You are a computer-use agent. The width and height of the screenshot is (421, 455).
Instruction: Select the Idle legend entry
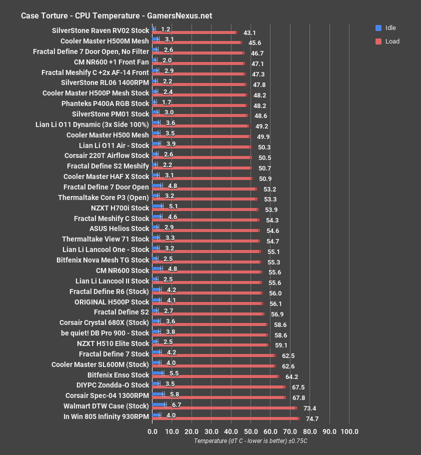click(384, 28)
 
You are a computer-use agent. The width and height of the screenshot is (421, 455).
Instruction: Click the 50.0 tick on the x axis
click(250, 431)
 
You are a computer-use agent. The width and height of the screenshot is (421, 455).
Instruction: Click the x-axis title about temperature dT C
click(250, 441)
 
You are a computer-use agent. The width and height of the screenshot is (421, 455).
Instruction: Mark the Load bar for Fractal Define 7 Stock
click(213, 355)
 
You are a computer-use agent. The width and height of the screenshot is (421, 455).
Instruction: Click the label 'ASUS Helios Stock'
click(119, 228)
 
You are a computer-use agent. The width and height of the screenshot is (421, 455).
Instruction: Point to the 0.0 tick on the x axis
click(152, 431)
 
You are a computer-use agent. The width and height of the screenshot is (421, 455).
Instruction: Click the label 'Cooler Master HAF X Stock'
click(106, 176)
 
